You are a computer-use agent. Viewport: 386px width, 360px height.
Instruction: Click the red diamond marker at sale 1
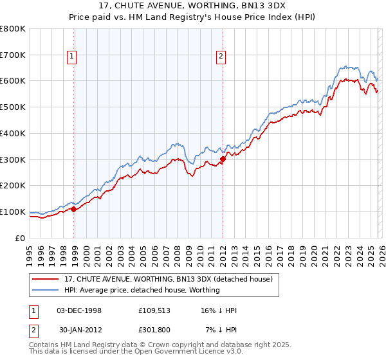pos(74,209)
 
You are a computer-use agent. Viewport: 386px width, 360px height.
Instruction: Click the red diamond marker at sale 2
pos(223,159)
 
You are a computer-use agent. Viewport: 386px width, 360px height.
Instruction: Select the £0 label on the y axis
pos(19,238)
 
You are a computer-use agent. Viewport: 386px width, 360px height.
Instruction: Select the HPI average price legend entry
pos(142,290)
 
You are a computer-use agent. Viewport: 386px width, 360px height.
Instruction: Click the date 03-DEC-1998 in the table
pos(78,310)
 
